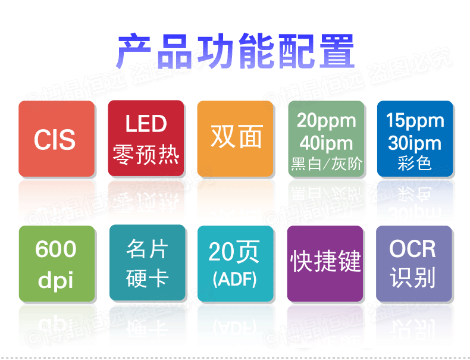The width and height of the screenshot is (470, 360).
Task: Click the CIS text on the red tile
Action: pyautogui.click(x=55, y=140)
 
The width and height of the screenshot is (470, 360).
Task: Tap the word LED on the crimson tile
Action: pyautogui.click(x=146, y=124)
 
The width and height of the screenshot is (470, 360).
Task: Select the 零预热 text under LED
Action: pyautogui.click(x=146, y=154)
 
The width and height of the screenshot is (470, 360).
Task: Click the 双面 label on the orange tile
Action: pyautogui.click(x=237, y=137)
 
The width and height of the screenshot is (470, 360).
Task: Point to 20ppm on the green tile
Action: pyautogui.click(x=327, y=121)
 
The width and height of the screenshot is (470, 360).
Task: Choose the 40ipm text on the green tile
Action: pyautogui.click(x=326, y=143)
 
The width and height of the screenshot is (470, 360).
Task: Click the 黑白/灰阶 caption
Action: pyautogui.click(x=327, y=164)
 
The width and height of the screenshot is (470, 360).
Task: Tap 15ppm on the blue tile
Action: pyautogui.click(x=415, y=121)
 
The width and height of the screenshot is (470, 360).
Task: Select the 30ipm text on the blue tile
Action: pyautogui.click(x=415, y=143)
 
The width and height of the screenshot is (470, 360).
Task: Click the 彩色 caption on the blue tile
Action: pyautogui.click(x=415, y=164)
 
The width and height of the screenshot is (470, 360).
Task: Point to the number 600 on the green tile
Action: pyautogui.click(x=56, y=249)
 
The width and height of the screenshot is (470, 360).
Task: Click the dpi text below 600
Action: pyautogui.click(x=56, y=280)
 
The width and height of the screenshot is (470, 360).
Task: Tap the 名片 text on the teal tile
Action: pyautogui.click(x=147, y=249)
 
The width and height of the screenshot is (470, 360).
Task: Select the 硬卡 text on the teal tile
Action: pyautogui.click(x=147, y=278)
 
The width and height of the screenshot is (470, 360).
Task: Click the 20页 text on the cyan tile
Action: pyautogui.click(x=234, y=252)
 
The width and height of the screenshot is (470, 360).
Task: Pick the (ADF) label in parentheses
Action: pyautogui.click(x=234, y=279)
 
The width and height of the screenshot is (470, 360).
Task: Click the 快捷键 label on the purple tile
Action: pyautogui.click(x=325, y=261)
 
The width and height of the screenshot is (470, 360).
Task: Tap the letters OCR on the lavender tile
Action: pyautogui.click(x=412, y=249)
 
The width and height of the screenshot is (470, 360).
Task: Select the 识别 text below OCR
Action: pyautogui.click(x=413, y=278)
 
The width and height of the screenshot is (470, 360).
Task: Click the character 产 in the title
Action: pyautogui.click(x=134, y=51)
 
